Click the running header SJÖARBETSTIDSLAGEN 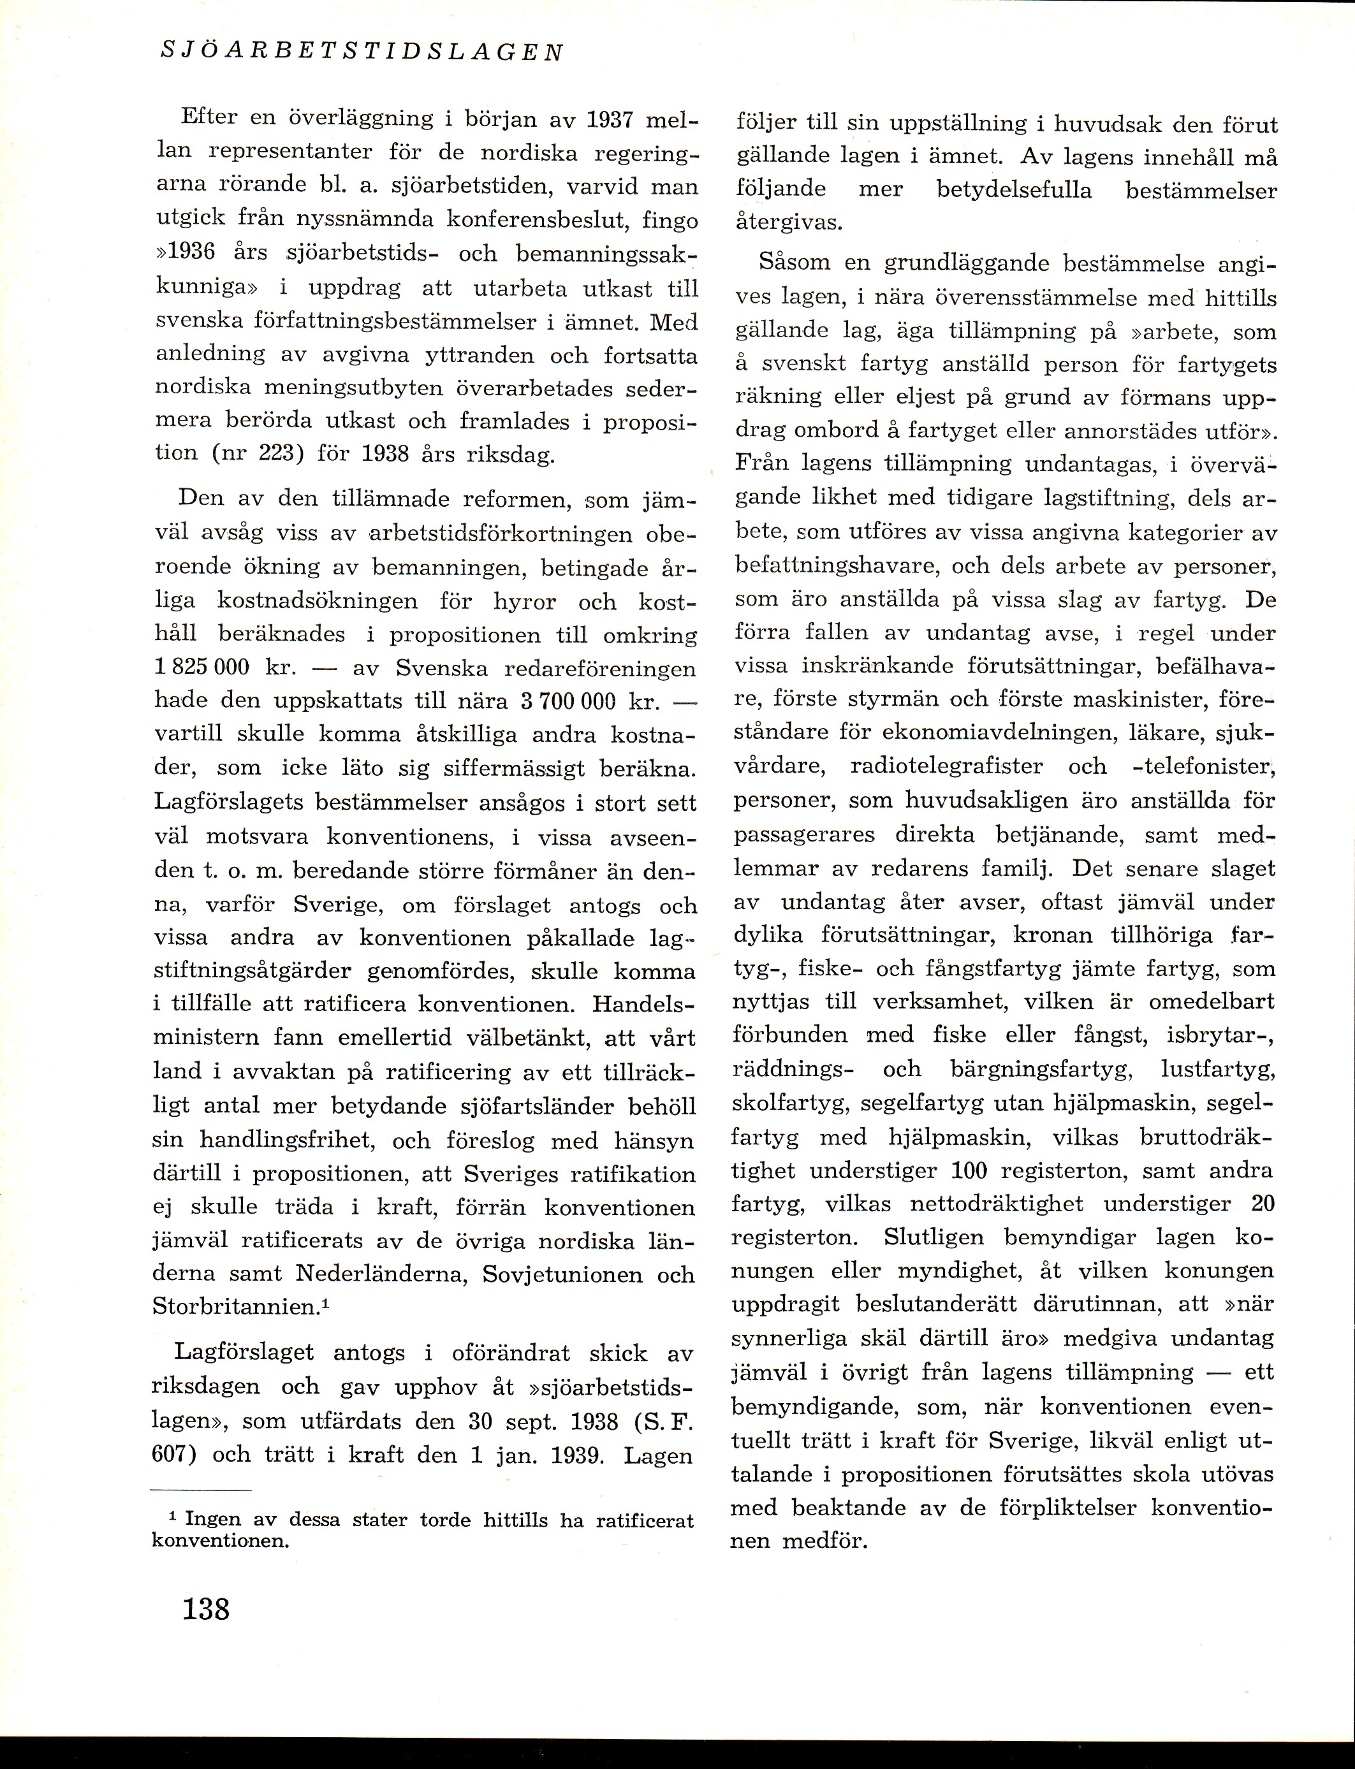(362, 52)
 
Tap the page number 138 (207, 1608)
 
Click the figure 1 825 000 (201, 669)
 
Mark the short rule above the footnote (201, 1489)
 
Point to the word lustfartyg (1217, 1070)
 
